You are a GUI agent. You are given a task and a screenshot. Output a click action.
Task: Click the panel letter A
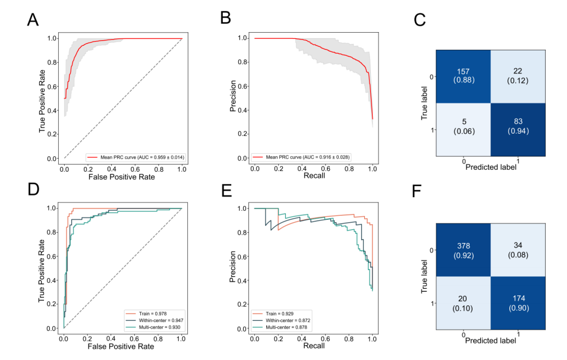[x=34, y=21]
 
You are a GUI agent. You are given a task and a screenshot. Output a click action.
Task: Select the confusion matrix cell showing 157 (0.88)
[x=464, y=75]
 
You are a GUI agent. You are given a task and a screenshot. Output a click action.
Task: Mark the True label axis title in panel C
[x=426, y=103]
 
